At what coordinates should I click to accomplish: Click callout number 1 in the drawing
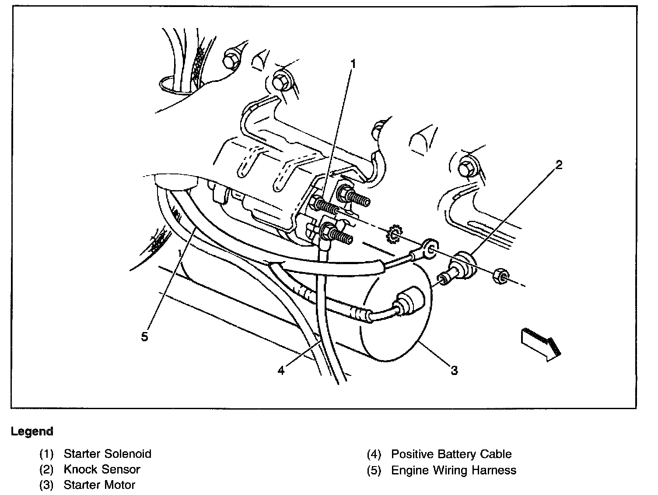pyautogui.click(x=353, y=64)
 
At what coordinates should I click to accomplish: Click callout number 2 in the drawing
pyautogui.click(x=558, y=165)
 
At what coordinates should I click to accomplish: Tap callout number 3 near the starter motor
pyautogui.click(x=454, y=371)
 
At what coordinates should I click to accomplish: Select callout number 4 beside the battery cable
pyautogui.click(x=281, y=371)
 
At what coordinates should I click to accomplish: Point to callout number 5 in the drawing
pyautogui.click(x=145, y=336)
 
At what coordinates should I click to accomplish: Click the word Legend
pyautogui.click(x=32, y=431)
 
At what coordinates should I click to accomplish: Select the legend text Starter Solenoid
pyautogui.click(x=107, y=453)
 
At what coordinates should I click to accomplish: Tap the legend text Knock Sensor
pyautogui.click(x=101, y=469)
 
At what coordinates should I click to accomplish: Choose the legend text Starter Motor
pyautogui.click(x=99, y=485)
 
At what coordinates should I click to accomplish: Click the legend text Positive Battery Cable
pyautogui.click(x=451, y=454)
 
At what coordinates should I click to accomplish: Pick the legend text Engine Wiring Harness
pyautogui.click(x=453, y=470)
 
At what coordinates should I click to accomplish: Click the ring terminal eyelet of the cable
pyautogui.click(x=430, y=249)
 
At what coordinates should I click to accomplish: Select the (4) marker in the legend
pyautogui.click(x=374, y=454)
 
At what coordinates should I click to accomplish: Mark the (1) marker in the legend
pyautogui.click(x=47, y=453)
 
